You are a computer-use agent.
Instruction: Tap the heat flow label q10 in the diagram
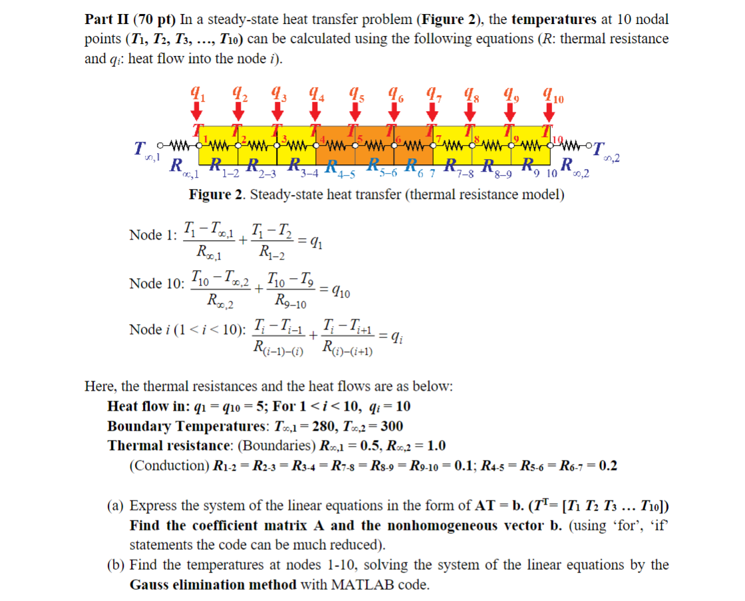point(552,97)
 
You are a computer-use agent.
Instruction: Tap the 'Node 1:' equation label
point(154,235)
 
